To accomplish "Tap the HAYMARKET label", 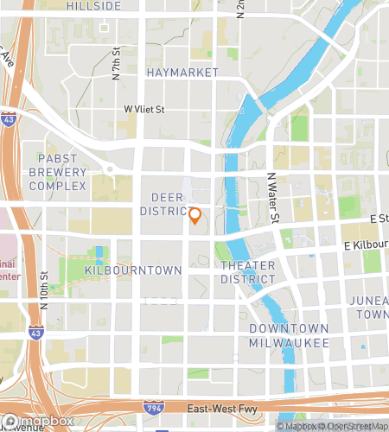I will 182,73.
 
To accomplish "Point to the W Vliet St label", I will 143,109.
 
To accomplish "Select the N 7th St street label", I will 116,65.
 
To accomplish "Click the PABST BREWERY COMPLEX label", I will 61,171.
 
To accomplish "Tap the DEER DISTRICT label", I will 163,204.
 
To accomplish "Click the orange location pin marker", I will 194,216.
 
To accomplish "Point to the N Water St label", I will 272,197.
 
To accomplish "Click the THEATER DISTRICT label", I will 247,271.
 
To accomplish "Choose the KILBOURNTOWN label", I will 133,270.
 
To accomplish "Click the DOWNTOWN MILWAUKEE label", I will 289,335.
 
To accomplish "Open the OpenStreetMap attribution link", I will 356,425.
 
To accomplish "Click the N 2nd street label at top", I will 240,9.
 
